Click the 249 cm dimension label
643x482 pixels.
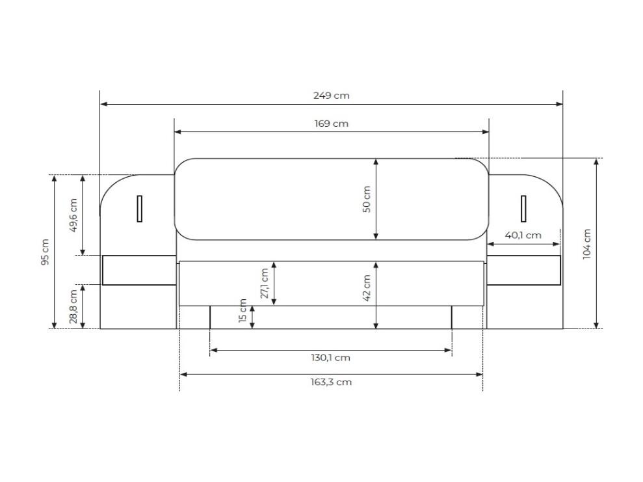[332, 96]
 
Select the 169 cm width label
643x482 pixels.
[332, 124]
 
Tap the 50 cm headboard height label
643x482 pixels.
[367, 199]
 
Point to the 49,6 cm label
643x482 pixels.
[73, 215]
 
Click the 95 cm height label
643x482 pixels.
[45, 252]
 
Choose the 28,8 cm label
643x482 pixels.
[73, 307]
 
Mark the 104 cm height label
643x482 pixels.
[587, 244]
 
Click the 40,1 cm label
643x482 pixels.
[523, 235]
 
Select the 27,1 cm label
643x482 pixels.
[265, 284]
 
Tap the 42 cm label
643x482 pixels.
[367, 288]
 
